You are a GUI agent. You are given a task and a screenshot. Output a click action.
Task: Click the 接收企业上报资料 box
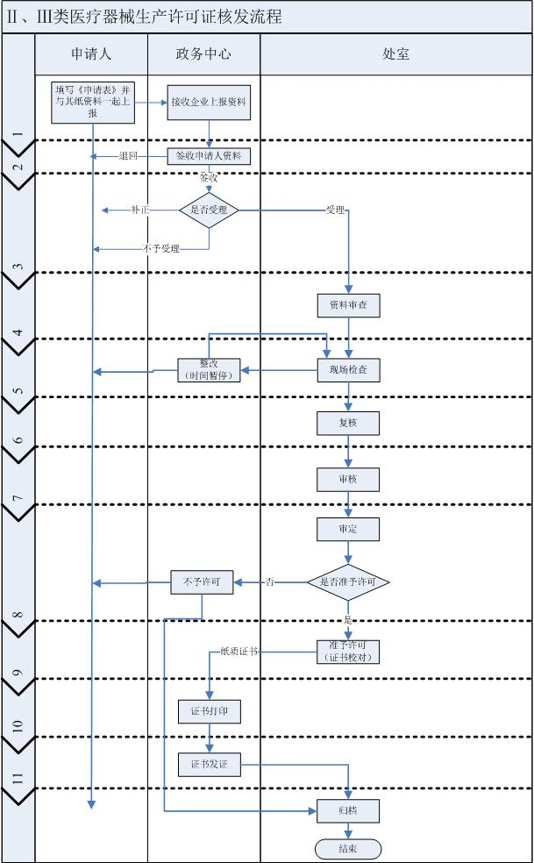pyautogui.click(x=209, y=102)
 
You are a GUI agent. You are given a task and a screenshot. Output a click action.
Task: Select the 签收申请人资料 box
pyautogui.click(x=209, y=156)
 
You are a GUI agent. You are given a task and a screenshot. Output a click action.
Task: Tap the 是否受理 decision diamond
pyautogui.click(x=209, y=210)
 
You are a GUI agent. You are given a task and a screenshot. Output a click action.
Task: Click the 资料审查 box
pyautogui.click(x=348, y=304)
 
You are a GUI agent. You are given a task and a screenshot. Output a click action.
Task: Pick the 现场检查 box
pyautogui.click(x=348, y=370)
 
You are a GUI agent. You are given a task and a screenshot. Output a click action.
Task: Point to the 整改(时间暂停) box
pyautogui.click(x=208, y=370)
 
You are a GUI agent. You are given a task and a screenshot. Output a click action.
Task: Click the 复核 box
pyautogui.click(x=348, y=423)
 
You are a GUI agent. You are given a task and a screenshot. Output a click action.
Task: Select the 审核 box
pyautogui.click(x=348, y=479)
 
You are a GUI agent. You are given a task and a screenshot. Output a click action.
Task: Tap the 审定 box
pyautogui.click(x=348, y=529)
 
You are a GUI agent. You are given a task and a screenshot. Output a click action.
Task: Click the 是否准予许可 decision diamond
pyautogui.click(x=348, y=581)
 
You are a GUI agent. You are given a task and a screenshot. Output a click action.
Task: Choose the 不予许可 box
pyautogui.click(x=202, y=581)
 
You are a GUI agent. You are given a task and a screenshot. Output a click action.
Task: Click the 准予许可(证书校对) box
pyautogui.click(x=348, y=652)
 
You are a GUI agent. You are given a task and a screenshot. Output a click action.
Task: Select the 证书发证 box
pyautogui.click(x=209, y=764)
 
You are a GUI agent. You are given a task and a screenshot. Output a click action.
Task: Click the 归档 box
pyautogui.click(x=348, y=811)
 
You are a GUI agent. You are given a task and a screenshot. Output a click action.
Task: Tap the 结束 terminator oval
pyautogui.click(x=348, y=849)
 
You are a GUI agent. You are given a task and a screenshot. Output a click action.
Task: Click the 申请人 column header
pyautogui.click(x=91, y=54)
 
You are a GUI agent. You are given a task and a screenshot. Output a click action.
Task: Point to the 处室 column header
pyautogui.click(x=396, y=54)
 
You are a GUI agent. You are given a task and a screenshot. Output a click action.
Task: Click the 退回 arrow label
pyautogui.click(x=129, y=157)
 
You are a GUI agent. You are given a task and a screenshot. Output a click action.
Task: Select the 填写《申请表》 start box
pyautogui.click(x=92, y=102)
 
